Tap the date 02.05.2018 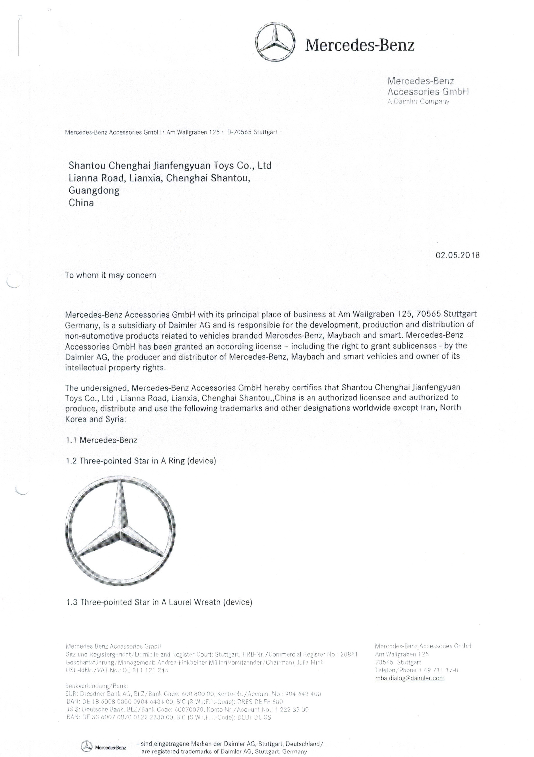(x=458, y=255)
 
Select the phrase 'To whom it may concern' (x=111, y=275)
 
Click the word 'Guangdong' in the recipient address (x=94, y=190)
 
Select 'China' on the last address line (x=81, y=202)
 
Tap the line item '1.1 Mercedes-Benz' (x=102, y=440)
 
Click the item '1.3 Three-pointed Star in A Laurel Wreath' (x=159, y=602)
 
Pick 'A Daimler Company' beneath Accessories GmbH (x=418, y=102)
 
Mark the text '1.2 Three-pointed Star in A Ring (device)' (x=141, y=461)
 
